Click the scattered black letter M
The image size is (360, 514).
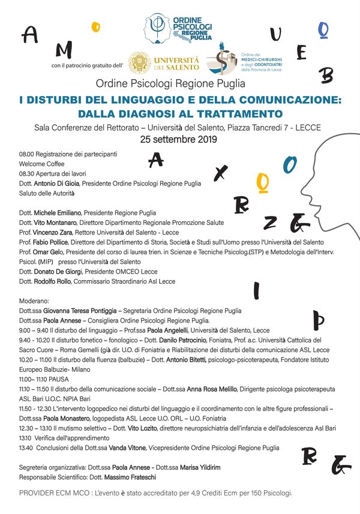tap(65, 49)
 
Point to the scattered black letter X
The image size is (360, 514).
tap(221, 173)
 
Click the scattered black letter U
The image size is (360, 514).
tap(275, 35)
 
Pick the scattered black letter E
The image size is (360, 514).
tap(302, 53)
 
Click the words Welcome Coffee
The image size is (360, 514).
tap(41, 164)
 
